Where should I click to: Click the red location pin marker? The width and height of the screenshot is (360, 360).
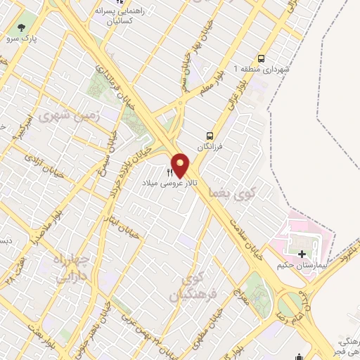coord(180,165)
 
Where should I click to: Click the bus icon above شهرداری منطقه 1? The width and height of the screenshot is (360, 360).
coord(262,59)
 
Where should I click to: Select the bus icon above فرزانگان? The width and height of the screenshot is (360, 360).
coord(209,135)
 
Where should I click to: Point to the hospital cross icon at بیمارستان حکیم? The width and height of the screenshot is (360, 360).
coord(302,253)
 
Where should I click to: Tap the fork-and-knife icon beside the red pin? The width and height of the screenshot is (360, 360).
coord(169,172)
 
